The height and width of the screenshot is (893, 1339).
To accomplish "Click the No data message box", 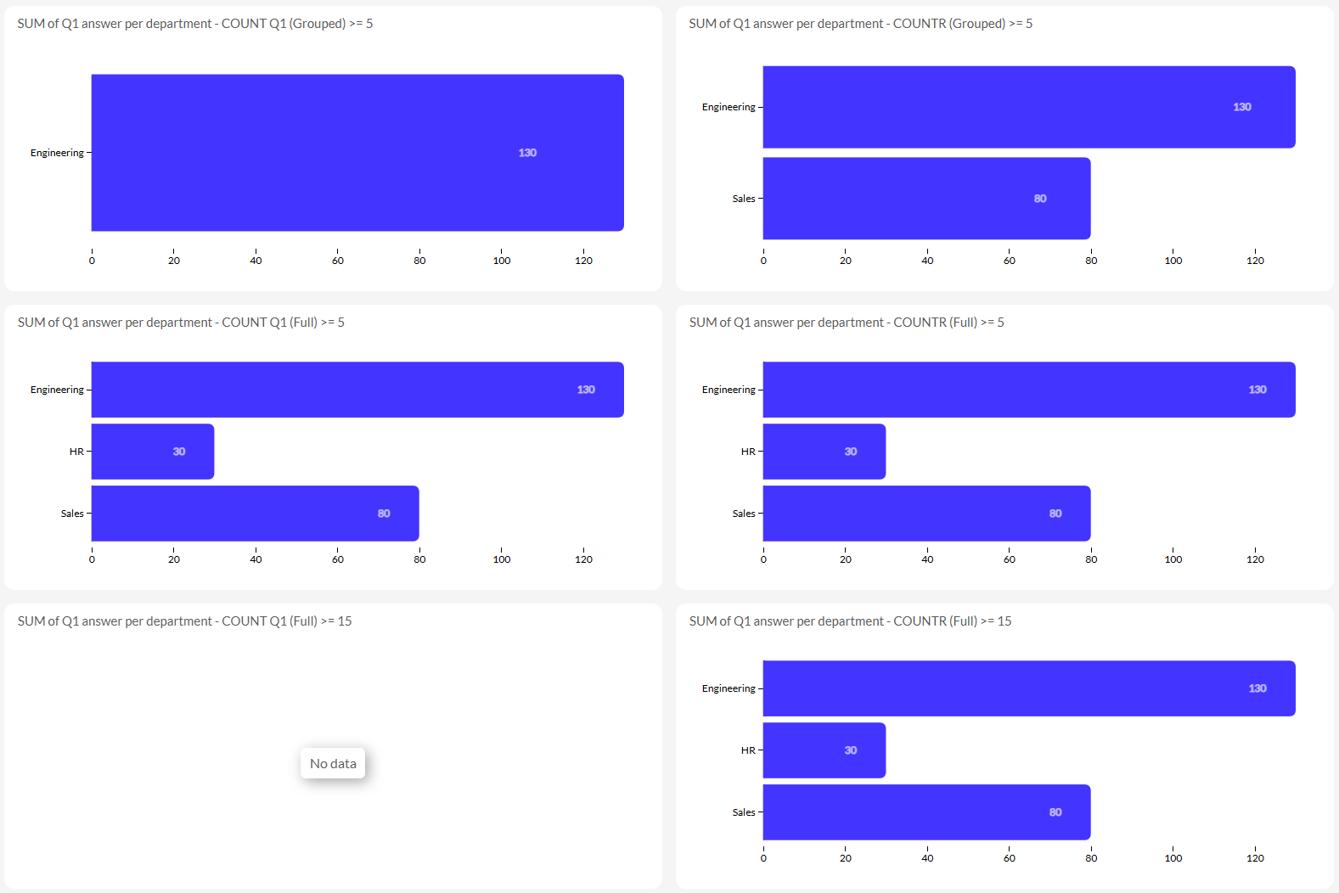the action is click(x=333, y=763).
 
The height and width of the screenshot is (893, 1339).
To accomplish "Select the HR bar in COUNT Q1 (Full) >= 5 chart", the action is click(x=153, y=452).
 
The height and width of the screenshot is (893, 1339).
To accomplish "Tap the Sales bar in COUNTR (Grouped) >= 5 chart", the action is click(x=927, y=199).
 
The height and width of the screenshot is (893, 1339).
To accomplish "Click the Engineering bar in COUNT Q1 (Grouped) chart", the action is click(x=357, y=153).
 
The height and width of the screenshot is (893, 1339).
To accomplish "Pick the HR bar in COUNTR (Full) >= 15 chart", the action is click(x=824, y=750).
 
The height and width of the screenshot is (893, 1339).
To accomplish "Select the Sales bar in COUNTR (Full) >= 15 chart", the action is click(x=927, y=812).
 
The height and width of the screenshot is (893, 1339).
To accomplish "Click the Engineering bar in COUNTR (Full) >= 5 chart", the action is click(x=1029, y=390).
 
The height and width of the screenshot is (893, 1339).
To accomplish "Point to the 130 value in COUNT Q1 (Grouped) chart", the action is click(x=527, y=153).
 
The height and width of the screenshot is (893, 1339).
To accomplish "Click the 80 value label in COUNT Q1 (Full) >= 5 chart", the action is click(x=384, y=514).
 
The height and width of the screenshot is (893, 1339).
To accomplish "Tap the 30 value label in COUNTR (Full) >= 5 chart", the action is click(x=851, y=452).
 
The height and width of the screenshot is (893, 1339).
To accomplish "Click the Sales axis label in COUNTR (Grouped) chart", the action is click(x=744, y=199).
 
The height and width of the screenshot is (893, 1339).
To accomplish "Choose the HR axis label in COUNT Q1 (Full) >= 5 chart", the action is click(x=76, y=452).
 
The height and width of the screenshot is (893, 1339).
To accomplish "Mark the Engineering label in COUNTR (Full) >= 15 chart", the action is click(x=729, y=688).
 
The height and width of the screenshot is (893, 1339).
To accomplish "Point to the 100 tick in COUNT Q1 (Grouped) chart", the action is click(x=502, y=261).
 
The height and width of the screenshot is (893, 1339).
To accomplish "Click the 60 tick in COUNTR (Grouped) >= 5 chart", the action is click(x=1009, y=261).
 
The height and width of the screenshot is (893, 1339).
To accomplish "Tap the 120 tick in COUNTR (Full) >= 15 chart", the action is click(x=1255, y=858).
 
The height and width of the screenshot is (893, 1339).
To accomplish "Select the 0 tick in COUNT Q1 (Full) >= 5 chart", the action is click(x=92, y=559).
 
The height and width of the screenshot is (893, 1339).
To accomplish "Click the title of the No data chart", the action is click(x=185, y=621).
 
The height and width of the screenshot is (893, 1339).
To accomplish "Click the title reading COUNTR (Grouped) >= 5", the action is click(x=861, y=23).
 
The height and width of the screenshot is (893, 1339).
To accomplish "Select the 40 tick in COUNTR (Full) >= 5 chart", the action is click(x=927, y=559).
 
